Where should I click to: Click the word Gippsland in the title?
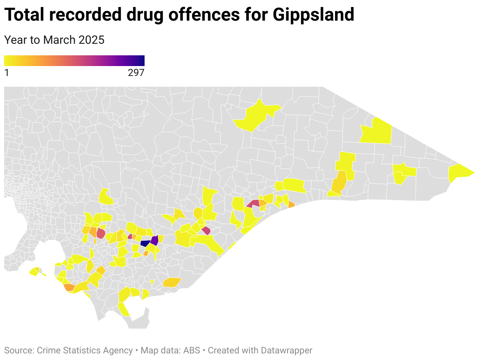pyautogui.click(x=313, y=15)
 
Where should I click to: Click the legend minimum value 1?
pyautogui.click(x=7, y=73)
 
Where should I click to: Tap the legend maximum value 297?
pyautogui.click(x=136, y=73)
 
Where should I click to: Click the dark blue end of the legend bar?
pyautogui.click(x=142, y=61)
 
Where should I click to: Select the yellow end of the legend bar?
pyautogui.click(x=7, y=61)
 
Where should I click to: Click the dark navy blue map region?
pyautogui.click(x=145, y=243)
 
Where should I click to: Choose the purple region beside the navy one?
pyautogui.click(x=154, y=240)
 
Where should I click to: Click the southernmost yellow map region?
pyautogui.click(x=123, y=309)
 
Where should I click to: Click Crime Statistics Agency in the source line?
pyautogui.click(x=85, y=351)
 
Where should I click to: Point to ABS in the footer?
pyautogui.click(x=192, y=351)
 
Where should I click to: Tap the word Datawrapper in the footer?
pyautogui.click(x=286, y=351)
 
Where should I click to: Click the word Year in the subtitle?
pyautogui.click(x=15, y=40)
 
